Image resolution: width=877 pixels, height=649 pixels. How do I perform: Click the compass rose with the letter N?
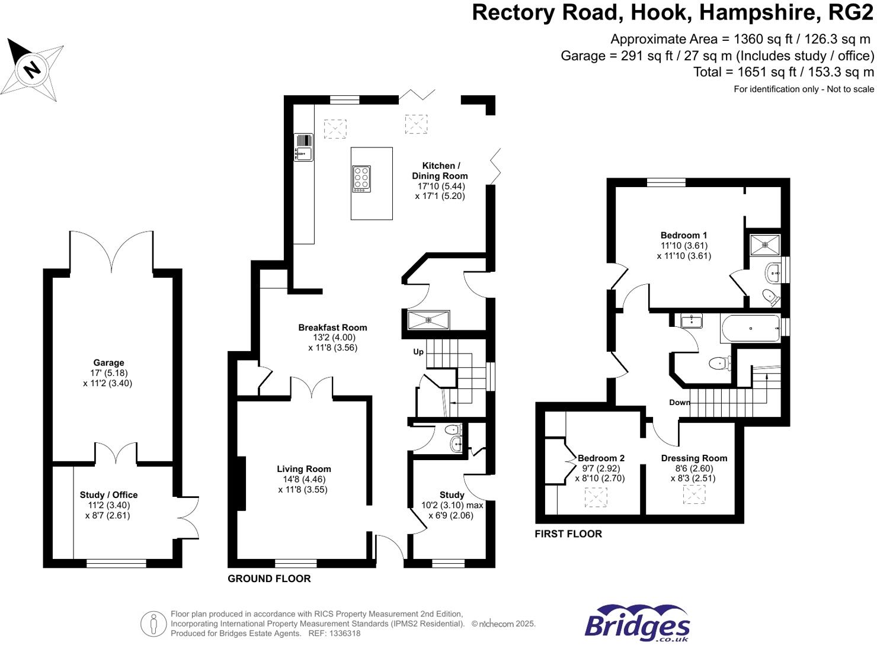(32, 69)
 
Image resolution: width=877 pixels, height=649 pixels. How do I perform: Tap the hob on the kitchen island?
(361, 178)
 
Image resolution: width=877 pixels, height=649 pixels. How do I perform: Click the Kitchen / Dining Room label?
(440, 171)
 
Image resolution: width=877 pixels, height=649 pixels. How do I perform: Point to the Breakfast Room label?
(332, 327)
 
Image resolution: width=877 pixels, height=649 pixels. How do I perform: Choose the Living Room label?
(303, 469)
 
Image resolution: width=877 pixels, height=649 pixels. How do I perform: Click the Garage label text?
(108, 362)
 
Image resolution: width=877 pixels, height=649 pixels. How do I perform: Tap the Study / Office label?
(108, 495)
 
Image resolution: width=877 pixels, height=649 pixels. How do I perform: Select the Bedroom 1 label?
(684, 235)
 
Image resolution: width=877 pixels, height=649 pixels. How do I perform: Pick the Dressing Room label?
(694, 458)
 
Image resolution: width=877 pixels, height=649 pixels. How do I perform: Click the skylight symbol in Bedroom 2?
(596, 497)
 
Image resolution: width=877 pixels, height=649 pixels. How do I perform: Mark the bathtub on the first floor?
(750, 329)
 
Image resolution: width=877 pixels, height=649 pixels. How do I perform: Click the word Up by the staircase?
(418, 352)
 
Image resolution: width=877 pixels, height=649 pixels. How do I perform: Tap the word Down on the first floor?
(679, 403)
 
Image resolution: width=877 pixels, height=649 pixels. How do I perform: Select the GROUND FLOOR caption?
(269, 579)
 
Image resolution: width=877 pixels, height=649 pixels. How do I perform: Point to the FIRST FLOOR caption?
(568, 534)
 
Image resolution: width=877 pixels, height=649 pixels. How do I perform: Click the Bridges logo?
(638, 623)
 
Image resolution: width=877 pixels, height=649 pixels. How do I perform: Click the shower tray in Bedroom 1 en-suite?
(764, 243)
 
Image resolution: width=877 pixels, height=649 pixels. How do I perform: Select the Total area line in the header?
(783, 72)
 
